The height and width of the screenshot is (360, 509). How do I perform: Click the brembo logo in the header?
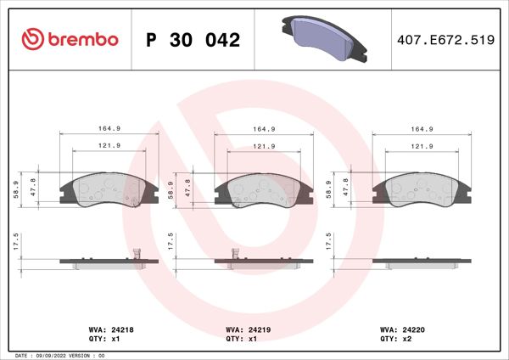(67, 40)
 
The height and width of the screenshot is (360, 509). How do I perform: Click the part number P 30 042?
(193, 40)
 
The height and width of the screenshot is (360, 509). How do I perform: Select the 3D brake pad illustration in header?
(322, 37)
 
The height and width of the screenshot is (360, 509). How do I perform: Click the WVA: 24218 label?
(106, 329)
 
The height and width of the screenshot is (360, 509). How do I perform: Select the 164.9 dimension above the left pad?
(106, 129)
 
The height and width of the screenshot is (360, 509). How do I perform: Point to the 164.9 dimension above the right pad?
(422, 129)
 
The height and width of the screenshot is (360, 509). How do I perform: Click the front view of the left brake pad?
(107, 190)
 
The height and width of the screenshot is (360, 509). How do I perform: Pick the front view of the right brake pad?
(422, 190)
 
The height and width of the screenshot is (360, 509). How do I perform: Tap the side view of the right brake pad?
(422, 262)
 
